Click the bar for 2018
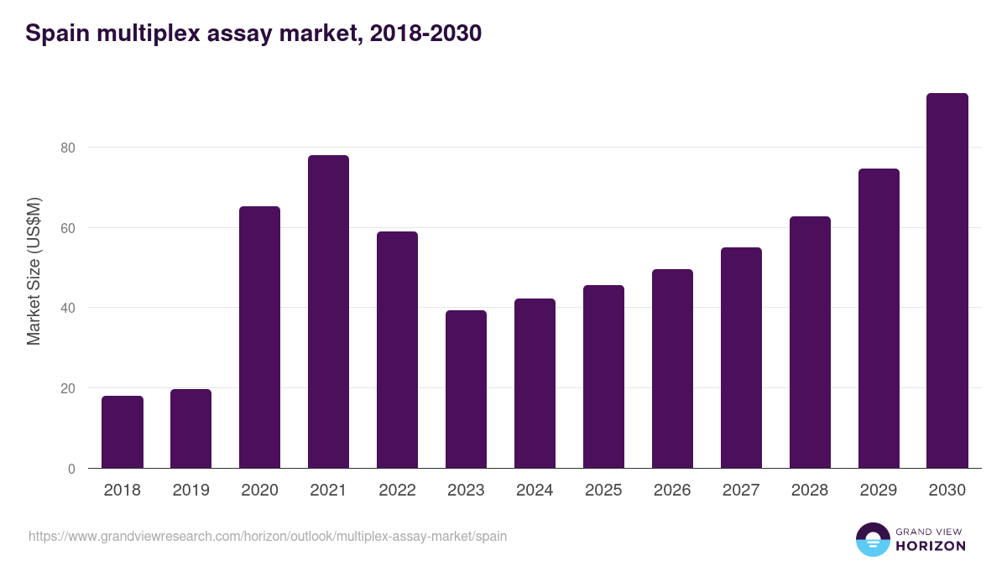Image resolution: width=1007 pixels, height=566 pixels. tap(123, 432)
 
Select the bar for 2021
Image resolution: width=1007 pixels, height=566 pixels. tap(328, 312)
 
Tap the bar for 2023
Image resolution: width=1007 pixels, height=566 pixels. tap(466, 389)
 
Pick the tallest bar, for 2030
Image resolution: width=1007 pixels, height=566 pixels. tap(947, 281)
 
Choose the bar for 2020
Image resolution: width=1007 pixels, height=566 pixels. tap(259, 337)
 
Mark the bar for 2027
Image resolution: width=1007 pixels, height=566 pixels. tap(741, 358)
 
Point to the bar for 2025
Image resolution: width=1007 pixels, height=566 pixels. tap(603, 376)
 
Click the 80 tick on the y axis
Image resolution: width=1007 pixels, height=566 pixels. tap(67, 148)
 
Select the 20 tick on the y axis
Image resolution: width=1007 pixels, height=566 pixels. tap(67, 388)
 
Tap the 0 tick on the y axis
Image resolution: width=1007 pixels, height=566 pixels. tap(71, 469)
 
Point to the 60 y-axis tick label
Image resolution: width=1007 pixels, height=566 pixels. tap(67, 228)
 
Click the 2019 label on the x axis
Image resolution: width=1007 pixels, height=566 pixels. tap(191, 491)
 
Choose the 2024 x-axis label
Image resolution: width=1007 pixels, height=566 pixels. tap(535, 491)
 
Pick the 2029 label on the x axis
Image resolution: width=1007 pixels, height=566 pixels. tap(879, 491)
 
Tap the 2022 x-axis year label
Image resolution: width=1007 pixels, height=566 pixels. tap(397, 491)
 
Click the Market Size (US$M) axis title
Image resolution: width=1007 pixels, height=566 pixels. tap(34, 271)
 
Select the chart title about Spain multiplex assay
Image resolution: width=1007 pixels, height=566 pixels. tap(253, 34)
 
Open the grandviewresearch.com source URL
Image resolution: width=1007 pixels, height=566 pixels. tap(268, 536)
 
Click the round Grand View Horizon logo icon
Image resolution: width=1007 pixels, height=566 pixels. tap(872, 539)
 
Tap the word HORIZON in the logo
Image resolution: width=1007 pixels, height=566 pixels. tap(931, 546)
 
